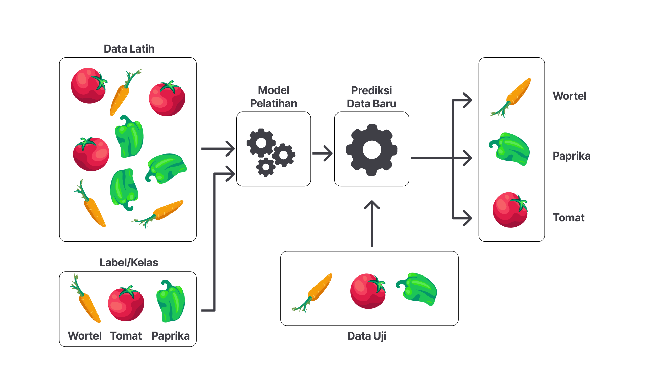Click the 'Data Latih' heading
click(129, 49)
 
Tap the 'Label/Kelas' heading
click(129, 262)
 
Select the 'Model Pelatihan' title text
click(274, 97)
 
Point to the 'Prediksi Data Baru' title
click(371, 97)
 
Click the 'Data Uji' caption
click(367, 336)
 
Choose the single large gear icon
click(372, 149)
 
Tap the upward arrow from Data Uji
click(372, 223)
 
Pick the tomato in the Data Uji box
click(368, 291)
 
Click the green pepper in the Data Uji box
click(417, 289)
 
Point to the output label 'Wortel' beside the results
click(569, 96)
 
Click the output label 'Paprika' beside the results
click(571, 156)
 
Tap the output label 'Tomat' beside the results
click(568, 217)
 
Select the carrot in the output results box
click(511, 97)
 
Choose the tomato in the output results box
click(510, 210)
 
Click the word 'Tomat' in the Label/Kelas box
click(126, 335)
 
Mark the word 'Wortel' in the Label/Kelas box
click(85, 335)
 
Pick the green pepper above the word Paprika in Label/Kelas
click(171, 301)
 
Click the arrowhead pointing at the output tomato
click(467, 218)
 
